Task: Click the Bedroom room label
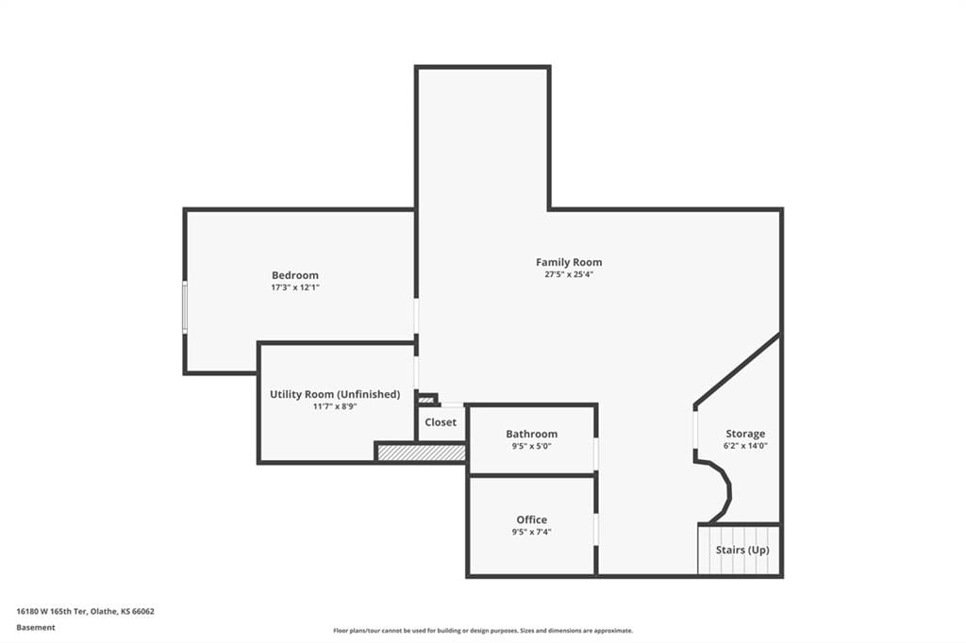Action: (295, 275)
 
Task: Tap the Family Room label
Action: (569, 262)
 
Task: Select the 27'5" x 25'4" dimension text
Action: (569, 274)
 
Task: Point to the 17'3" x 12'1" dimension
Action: (295, 288)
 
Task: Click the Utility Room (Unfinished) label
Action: (335, 394)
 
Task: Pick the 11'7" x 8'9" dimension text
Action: (335, 406)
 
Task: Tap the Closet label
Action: (441, 422)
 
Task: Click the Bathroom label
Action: (532, 435)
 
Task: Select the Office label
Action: (532, 519)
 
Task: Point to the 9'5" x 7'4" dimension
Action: (532, 532)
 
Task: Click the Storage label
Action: (745, 435)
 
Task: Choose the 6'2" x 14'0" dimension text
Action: (745, 446)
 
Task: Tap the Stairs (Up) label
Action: (742, 550)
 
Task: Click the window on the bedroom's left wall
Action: (184, 307)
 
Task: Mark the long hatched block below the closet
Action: (422, 453)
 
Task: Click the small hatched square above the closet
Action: (426, 400)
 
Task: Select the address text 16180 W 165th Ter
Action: (51, 612)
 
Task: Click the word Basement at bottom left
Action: (36, 628)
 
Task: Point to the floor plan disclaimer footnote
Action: (483, 631)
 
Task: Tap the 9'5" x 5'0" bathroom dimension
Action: (532, 447)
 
